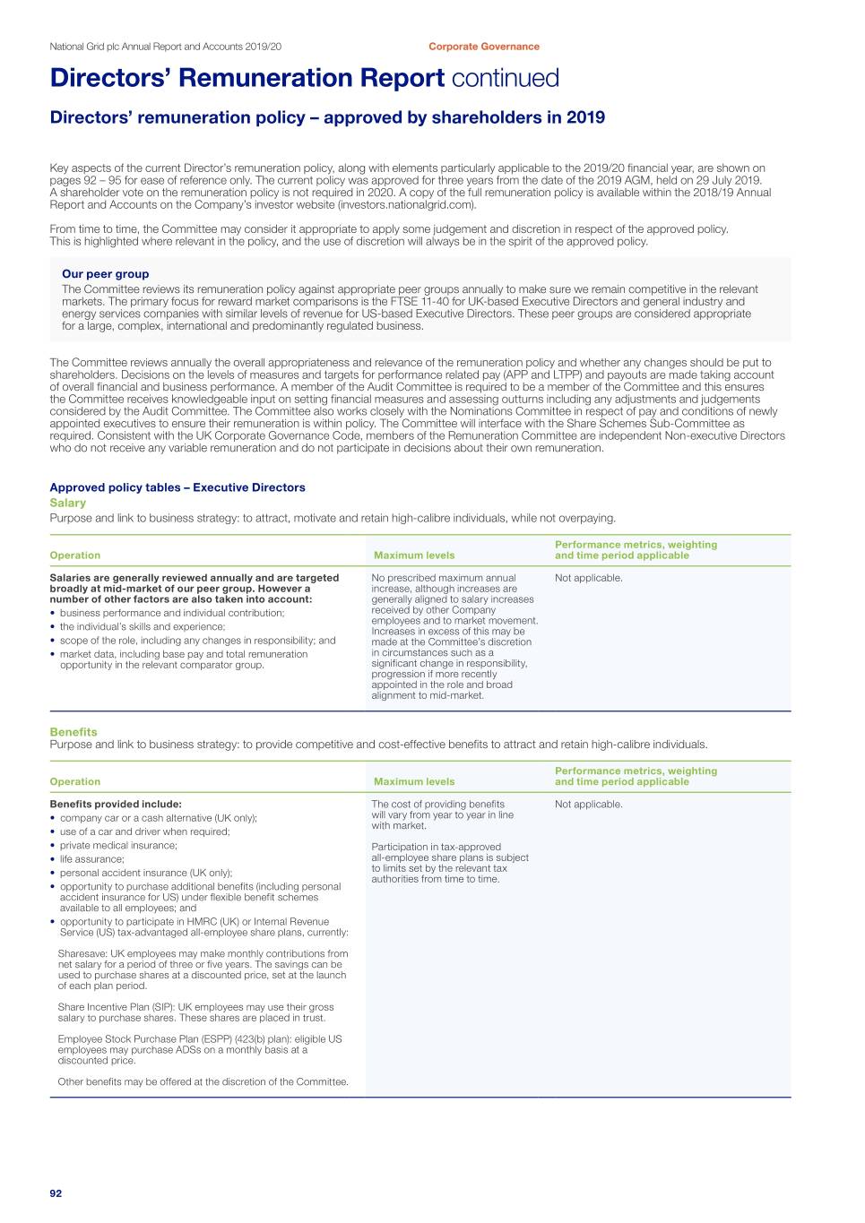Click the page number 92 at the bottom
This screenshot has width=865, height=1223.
point(56,1193)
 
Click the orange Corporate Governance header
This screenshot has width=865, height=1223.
point(484,47)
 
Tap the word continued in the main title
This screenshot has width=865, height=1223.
point(505,79)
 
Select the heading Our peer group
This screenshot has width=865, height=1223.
point(105,274)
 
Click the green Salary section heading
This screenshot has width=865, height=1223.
point(68,503)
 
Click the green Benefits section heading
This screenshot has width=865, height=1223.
point(74,732)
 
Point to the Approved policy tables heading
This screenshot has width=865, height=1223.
point(177,487)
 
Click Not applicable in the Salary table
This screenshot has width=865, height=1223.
point(588,578)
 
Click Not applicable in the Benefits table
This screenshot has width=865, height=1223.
point(588,805)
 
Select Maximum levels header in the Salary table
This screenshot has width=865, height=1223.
point(414,556)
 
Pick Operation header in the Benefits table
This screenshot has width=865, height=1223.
point(75,782)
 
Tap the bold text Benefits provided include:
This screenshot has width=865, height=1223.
point(116,805)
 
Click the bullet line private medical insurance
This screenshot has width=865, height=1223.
point(118,845)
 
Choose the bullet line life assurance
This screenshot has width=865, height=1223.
point(91,859)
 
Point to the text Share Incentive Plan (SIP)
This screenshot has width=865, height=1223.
point(116,1007)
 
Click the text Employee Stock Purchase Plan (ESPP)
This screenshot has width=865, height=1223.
point(144,1039)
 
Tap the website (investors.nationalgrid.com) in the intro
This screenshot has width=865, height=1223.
point(406,204)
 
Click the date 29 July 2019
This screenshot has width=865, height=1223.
point(727,180)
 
